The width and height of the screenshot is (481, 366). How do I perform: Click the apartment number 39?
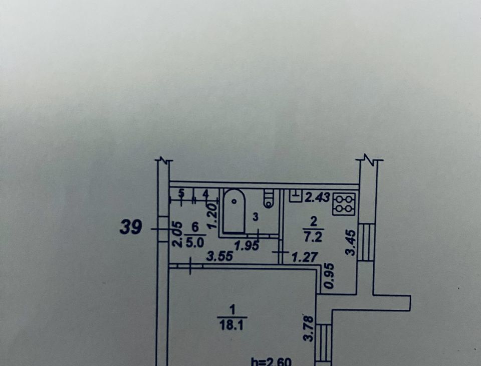pos(131,227)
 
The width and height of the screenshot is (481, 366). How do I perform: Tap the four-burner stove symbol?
pos(344,204)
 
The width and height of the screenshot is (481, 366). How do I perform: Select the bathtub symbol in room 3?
pos(234,212)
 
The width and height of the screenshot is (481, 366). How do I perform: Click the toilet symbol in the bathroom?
pos(269,199)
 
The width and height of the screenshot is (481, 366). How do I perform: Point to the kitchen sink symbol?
pos(296,196)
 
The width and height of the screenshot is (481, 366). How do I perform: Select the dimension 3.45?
pos(350,243)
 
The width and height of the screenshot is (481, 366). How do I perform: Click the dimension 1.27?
pos(304,257)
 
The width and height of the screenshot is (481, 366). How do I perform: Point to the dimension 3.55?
pos(219,256)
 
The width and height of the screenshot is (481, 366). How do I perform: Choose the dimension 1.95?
pos(247,246)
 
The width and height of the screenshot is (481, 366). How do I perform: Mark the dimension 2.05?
pos(177,234)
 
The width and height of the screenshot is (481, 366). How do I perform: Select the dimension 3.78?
pos(309,329)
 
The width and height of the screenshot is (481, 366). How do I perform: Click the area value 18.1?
pos(231,325)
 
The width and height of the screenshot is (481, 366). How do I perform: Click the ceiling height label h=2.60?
pos(271,361)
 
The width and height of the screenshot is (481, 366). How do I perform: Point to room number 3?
pos(256,217)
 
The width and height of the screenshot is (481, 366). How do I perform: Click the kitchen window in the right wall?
pos(366,242)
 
